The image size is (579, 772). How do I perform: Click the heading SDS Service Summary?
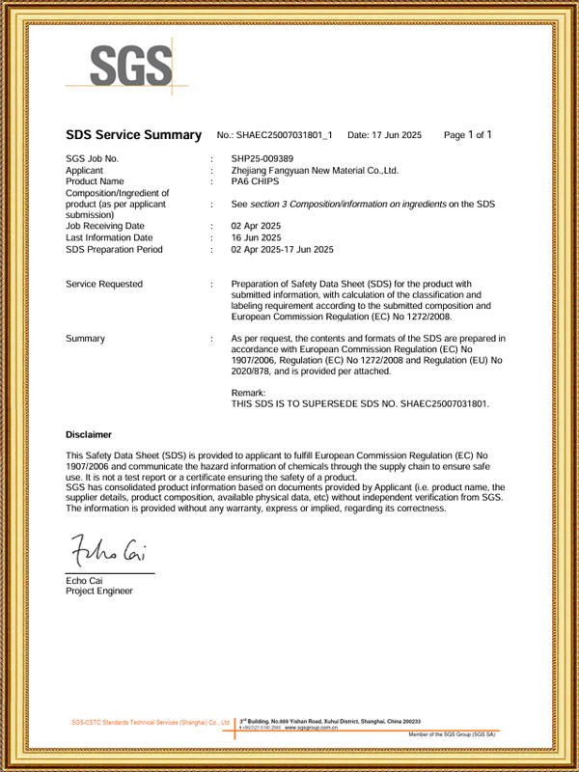pos(133,135)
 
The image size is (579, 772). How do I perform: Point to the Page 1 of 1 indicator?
pos(468,135)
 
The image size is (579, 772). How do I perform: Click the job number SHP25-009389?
pos(262,158)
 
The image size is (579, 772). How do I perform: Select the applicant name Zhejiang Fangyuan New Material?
pos(315,170)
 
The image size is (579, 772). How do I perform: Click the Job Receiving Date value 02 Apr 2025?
pos(257,226)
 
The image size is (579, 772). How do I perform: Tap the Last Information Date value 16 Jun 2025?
pos(257,237)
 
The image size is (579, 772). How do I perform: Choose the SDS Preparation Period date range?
pos(282,249)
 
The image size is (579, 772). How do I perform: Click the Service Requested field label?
pos(104,284)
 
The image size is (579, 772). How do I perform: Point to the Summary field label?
pos(86,339)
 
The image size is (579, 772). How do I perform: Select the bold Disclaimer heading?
pos(89,434)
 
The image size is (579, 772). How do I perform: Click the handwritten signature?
pos(107,552)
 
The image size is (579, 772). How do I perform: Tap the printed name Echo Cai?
pos(85,580)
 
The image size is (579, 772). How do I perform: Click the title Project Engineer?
pos(99,591)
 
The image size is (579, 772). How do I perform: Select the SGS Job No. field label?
pos(93,158)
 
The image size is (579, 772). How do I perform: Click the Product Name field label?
pos(95,181)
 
